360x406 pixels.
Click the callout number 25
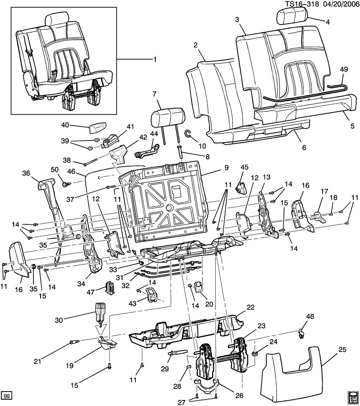(x=342, y=350)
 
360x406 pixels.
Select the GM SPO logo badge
(x=353, y=396)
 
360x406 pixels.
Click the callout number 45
(x=244, y=167)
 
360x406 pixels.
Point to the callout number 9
(x=226, y=167)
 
